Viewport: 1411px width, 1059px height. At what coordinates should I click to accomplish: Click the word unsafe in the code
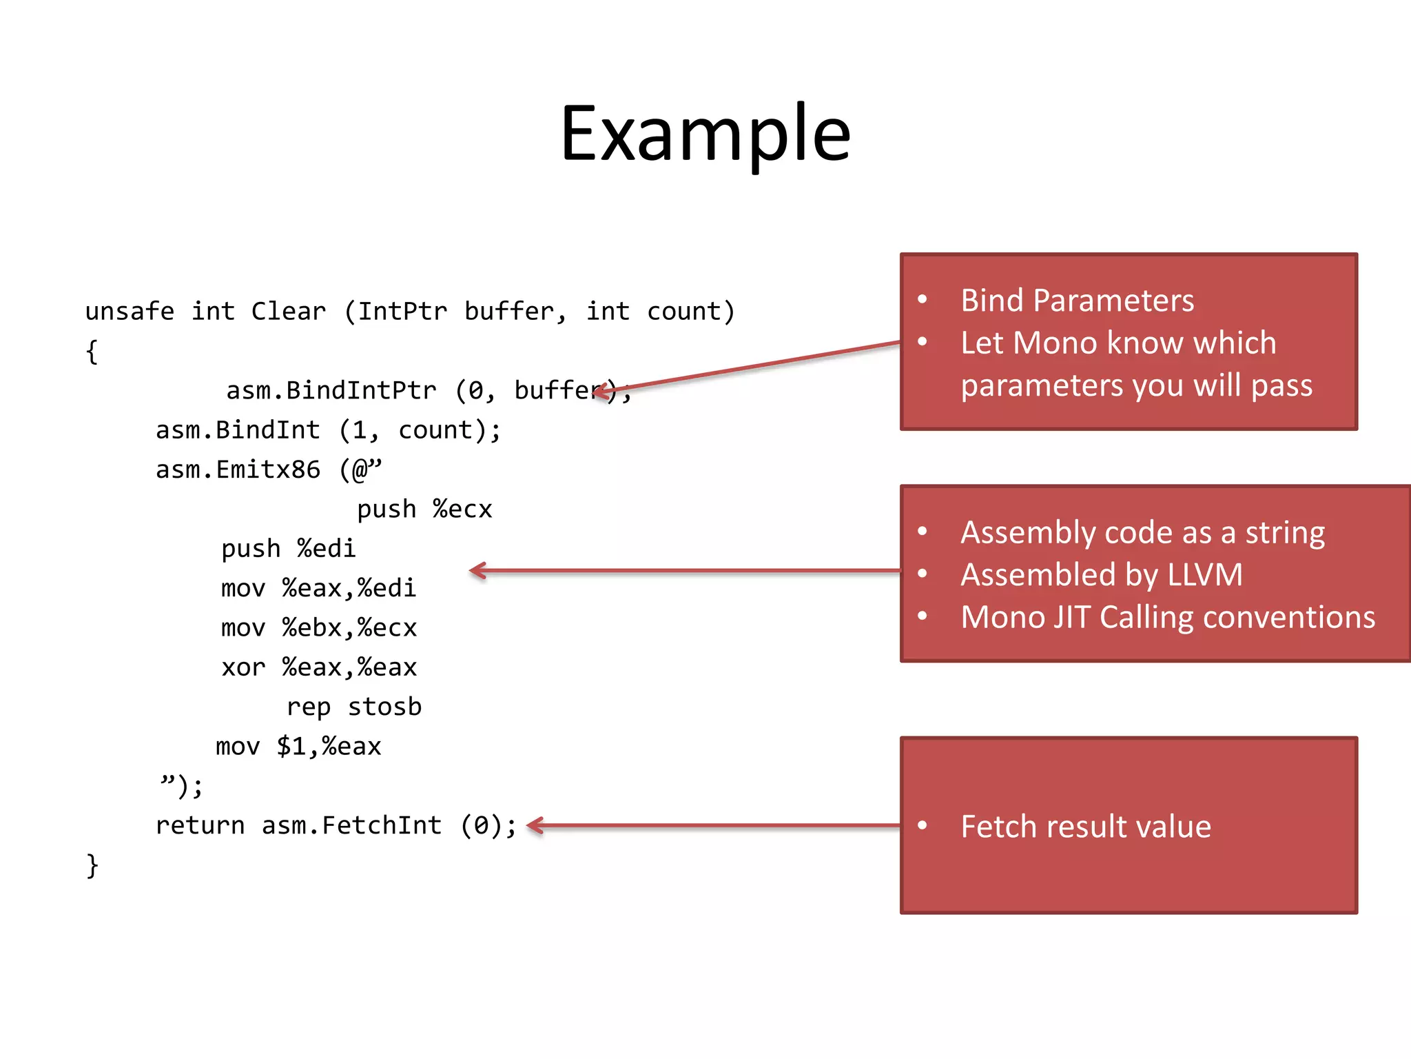click(x=130, y=312)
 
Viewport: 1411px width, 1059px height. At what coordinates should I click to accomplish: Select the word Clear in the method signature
click(x=288, y=312)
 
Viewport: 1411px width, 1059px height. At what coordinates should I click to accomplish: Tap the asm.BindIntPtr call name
click(x=331, y=391)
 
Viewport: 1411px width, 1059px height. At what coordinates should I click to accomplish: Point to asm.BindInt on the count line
click(x=238, y=431)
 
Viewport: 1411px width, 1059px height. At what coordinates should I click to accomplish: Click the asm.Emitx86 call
click(x=238, y=470)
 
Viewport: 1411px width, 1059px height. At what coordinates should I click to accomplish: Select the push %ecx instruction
click(x=424, y=510)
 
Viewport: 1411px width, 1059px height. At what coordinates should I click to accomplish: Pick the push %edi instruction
click(x=288, y=549)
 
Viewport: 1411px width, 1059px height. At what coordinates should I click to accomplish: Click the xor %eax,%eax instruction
click(x=319, y=667)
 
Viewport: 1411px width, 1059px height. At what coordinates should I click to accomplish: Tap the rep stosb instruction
click(x=354, y=707)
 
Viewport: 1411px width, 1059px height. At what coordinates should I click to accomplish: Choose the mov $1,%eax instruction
click(x=298, y=747)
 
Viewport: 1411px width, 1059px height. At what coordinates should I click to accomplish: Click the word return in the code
click(x=200, y=825)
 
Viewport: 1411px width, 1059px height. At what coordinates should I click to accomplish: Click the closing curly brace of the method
click(x=92, y=866)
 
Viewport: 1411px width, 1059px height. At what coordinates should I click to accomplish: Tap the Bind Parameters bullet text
click(x=1077, y=301)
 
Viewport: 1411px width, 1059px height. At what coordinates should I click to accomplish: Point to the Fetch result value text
click(x=1086, y=827)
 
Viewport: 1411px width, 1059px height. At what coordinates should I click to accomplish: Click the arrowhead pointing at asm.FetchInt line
click(x=533, y=825)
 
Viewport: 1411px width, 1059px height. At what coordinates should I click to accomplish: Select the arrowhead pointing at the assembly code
click(x=477, y=570)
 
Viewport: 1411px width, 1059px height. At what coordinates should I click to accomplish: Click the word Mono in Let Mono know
click(x=1053, y=343)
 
